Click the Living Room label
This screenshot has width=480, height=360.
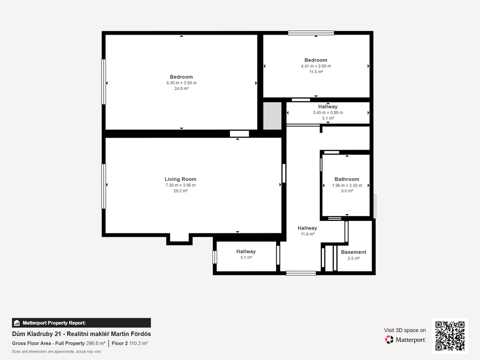[x=180, y=179]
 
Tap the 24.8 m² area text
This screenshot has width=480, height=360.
[x=181, y=89]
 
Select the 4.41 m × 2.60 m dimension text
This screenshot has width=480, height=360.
[x=316, y=66]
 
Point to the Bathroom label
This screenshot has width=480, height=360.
[x=347, y=179]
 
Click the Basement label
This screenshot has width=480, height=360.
[x=353, y=252]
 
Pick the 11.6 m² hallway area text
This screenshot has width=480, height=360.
[x=307, y=234]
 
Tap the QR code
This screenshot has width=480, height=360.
[x=450, y=336]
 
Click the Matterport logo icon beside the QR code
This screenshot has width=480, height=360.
[x=389, y=339]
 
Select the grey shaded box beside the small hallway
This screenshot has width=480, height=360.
[x=272, y=116]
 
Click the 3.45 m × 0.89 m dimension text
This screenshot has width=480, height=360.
[x=328, y=112]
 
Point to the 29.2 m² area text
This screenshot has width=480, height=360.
[x=180, y=191]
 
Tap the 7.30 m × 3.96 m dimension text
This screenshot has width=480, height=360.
[x=180, y=185]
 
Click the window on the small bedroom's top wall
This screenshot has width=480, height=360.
[x=311, y=33]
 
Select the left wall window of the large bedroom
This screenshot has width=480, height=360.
[x=104, y=82]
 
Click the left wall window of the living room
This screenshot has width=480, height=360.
[x=104, y=187]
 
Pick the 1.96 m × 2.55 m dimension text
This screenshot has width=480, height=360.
[x=347, y=185]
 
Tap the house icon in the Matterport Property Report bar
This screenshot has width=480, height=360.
[x=17, y=323]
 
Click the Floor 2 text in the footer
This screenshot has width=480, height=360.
[x=120, y=343]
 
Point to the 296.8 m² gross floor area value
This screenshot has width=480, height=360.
[x=96, y=343]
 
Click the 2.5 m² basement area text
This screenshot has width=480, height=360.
[x=353, y=258]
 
